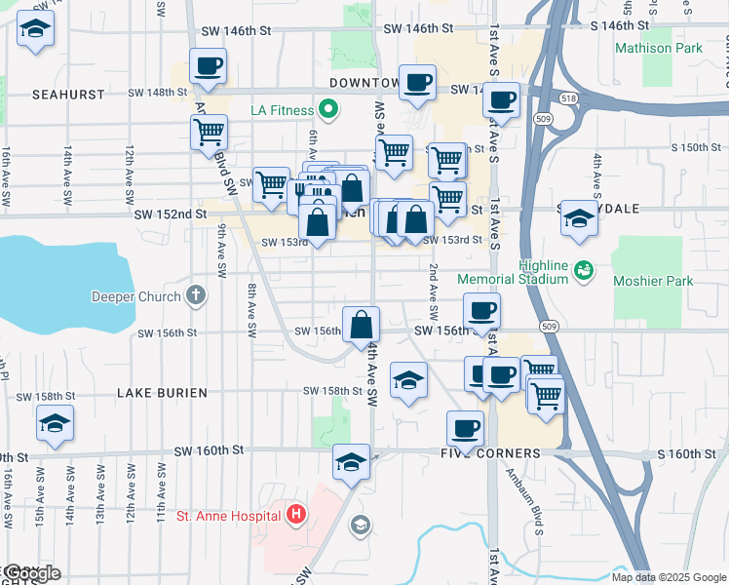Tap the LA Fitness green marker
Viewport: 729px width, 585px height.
tap(328, 109)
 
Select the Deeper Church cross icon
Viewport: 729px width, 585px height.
tap(196, 295)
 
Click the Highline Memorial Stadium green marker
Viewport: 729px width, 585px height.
tap(584, 268)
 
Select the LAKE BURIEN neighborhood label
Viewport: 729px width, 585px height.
tap(162, 392)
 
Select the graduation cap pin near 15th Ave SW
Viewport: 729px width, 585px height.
tap(55, 424)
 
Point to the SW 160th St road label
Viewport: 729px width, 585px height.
tap(208, 450)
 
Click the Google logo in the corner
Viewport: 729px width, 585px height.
tap(31, 573)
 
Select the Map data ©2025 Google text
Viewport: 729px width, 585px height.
tap(668, 577)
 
